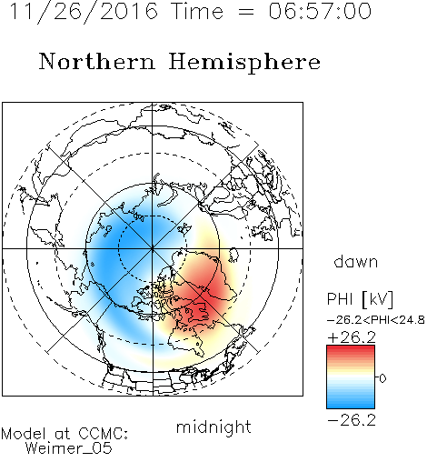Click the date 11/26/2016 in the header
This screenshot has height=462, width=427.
tap(84, 12)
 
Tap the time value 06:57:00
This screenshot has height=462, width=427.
tap(320, 11)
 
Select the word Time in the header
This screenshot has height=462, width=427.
tap(197, 11)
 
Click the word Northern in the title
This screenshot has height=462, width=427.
tap(97, 62)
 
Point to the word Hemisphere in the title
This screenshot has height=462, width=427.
tap(244, 63)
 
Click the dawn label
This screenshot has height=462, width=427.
tap(356, 261)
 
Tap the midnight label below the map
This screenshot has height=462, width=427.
tap(213, 427)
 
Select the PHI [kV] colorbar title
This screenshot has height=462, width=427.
tap(360, 299)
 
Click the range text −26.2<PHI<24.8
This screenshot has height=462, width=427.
tap(376, 320)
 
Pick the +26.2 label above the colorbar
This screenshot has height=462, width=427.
tap(352, 337)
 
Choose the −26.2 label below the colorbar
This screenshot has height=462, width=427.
tap(352, 420)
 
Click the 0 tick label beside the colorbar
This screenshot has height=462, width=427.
tap(382, 378)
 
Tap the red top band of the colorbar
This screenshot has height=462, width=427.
tap(351, 348)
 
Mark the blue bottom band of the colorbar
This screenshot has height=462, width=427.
tap(351, 405)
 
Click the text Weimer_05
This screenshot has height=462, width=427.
tap(69, 448)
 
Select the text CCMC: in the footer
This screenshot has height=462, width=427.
tap(104, 434)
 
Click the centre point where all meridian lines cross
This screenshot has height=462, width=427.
tap(153, 248)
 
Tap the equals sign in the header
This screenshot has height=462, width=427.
tap(246, 12)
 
